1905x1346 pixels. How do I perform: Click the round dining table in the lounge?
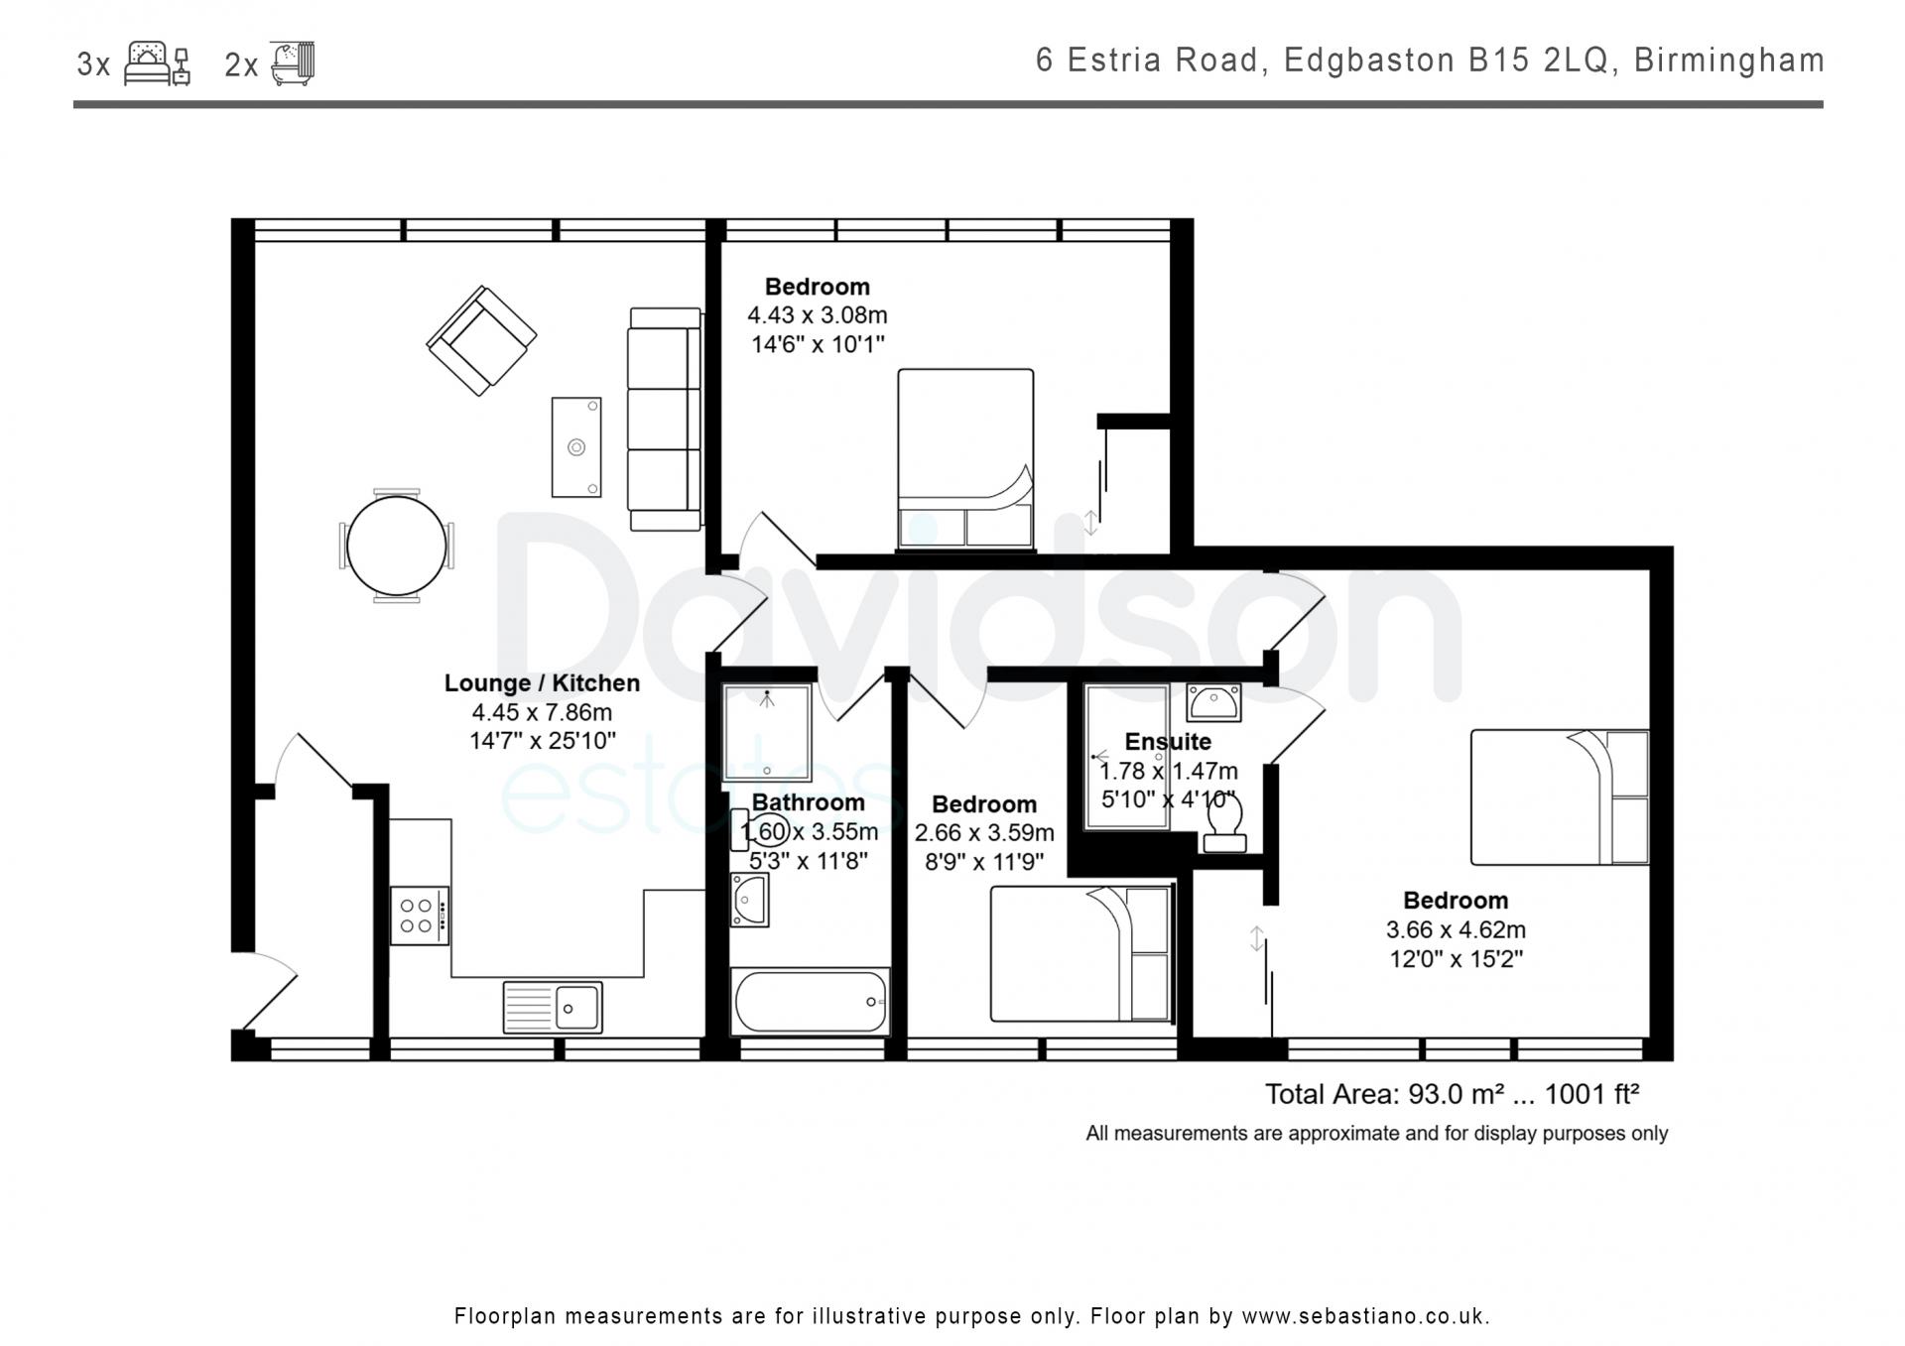pyautogui.click(x=396, y=545)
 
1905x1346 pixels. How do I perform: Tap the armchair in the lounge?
pyautogui.click(x=481, y=340)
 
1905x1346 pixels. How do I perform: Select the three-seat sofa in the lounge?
pyautogui.click(x=665, y=419)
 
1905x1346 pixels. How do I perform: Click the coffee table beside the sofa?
pyautogui.click(x=576, y=447)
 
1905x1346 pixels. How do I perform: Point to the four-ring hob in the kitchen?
pyautogui.click(x=420, y=915)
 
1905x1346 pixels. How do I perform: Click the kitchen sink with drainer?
pyautogui.click(x=552, y=1007)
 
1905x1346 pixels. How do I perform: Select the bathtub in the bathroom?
pyautogui.click(x=810, y=1002)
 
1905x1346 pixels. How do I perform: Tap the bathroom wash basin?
pyautogui.click(x=749, y=900)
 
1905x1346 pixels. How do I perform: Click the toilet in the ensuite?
pyautogui.click(x=1224, y=825)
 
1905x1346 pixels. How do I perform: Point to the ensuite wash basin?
pyautogui.click(x=1212, y=702)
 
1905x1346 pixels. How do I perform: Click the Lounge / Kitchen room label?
pyautogui.click(x=542, y=682)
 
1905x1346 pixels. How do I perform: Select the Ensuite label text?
pyautogui.click(x=1168, y=741)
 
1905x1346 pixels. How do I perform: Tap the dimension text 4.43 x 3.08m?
pyautogui.click(x=818, y=315)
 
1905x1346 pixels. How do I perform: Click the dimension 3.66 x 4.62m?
pyautogui.click(x=1456, y=929)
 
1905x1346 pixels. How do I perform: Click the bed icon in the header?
pyautogui.click(x=157, y=63)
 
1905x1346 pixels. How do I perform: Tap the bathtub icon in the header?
pyautogui.click(x=293, y=62)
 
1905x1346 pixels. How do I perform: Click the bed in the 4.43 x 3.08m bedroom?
pyautogui.click(x=965, y=459)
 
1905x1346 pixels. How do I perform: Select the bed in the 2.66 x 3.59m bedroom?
pyautogui.click(x=1081, y=953)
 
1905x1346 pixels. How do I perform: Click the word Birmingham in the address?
pyautogui.click(x=1729, y=61)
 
